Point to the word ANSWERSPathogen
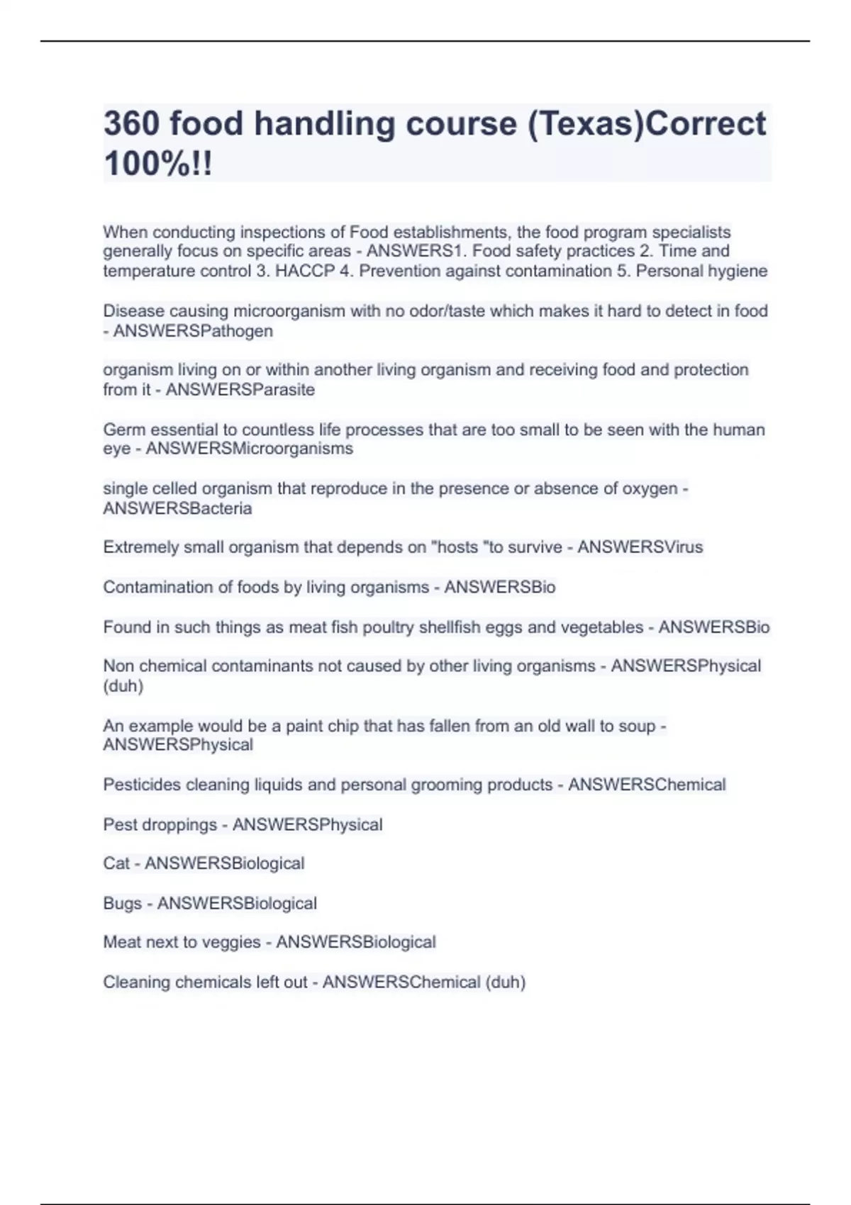(x=193, y=331)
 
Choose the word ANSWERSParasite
(x=240, y=389)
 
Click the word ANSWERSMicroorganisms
(x=250, y=449)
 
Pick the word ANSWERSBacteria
(x=177, y=508)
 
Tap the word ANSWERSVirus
(x=640, y=547)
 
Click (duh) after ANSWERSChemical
(x=505, y=982)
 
